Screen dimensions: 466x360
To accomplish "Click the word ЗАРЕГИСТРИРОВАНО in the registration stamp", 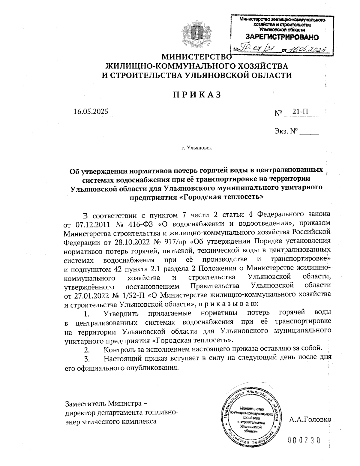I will pos(282,38).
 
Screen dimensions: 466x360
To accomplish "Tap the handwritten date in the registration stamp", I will pos(306,49).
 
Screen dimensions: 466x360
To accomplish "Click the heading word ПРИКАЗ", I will pos(197,95).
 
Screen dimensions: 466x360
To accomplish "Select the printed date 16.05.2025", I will pos(90,112).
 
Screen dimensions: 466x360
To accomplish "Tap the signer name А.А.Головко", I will pos(310,419).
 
